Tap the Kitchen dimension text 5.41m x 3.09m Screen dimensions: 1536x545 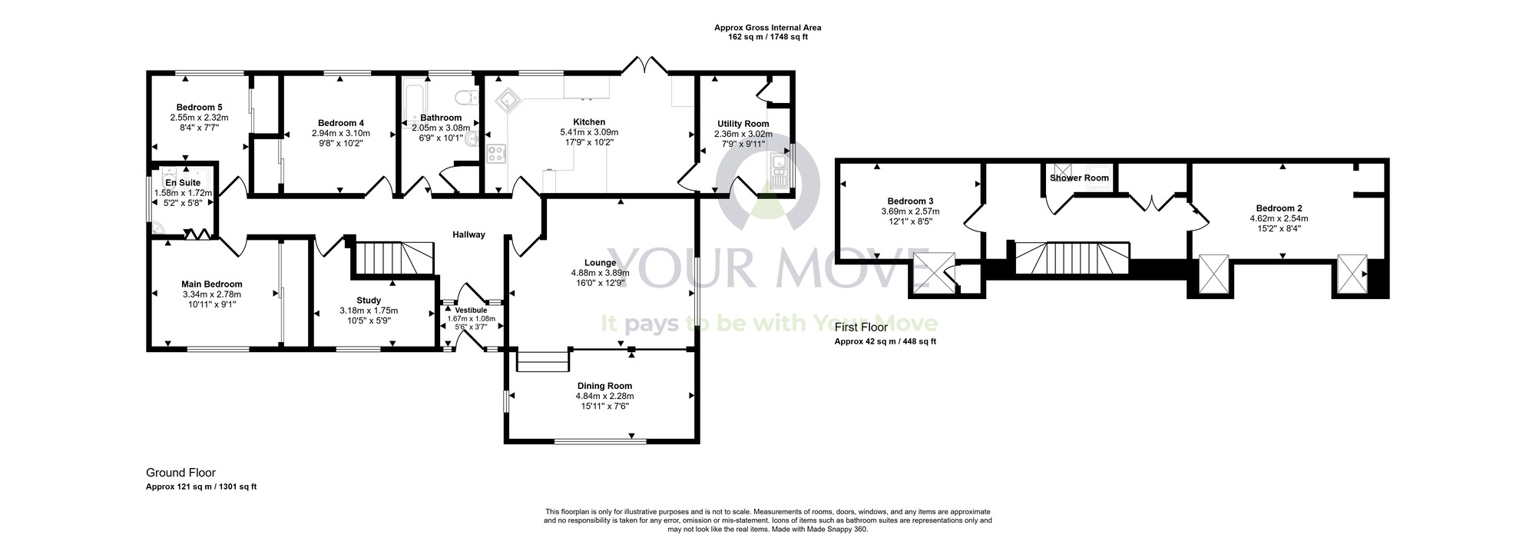(589, 132)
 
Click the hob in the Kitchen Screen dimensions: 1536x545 (496, 154)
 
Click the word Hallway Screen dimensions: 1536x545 (468, 234)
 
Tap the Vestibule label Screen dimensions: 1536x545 (471, 310)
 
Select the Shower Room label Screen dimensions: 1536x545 (1079, 178)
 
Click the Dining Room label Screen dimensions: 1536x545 (604, 386)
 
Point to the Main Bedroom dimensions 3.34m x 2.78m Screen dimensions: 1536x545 (211, 294)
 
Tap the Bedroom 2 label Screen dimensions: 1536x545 (1279, 208)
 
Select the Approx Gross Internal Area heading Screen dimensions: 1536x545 (767, 28)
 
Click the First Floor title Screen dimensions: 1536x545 (861, 327)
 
